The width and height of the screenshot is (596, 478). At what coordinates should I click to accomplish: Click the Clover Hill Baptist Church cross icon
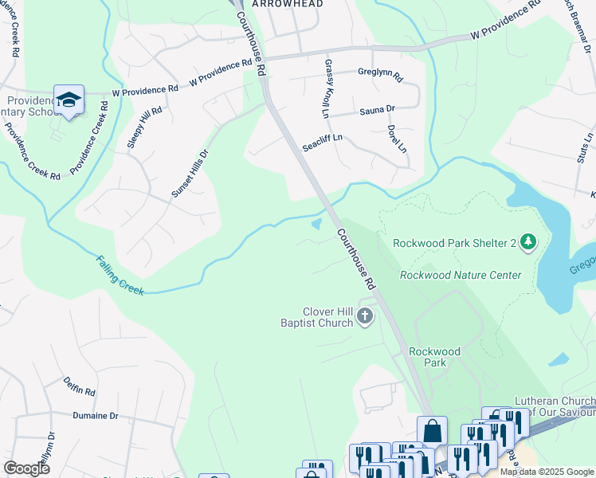[365, 317]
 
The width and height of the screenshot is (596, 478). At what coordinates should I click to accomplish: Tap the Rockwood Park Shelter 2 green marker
[527, 241]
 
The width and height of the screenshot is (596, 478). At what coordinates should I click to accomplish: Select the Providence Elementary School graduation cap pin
[69, 100]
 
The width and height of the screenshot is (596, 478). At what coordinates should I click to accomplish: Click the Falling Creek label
[120, 275]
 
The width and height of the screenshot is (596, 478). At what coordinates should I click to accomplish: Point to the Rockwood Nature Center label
[461, 276]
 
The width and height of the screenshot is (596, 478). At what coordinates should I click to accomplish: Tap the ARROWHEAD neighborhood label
[288, 4]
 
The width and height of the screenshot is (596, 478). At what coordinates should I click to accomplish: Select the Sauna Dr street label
[378, 109]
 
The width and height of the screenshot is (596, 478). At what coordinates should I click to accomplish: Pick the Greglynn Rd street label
[381, 78]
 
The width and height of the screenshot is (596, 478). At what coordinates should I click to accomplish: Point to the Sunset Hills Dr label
[190, 174]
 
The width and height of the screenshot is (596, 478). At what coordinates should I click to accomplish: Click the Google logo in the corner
[26, 468]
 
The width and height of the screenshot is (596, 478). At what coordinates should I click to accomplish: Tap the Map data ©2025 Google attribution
[547, 472]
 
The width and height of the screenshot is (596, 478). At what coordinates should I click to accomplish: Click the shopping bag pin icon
[432, 431]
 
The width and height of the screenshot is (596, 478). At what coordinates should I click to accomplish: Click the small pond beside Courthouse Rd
[317, 225]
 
